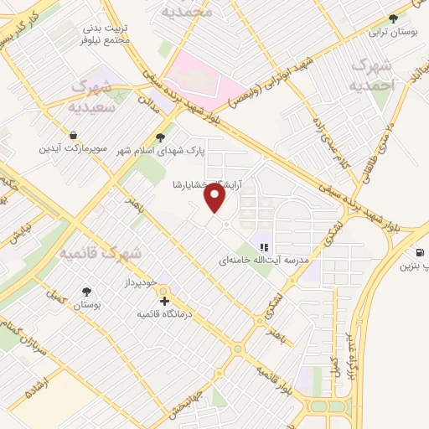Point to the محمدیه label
click(x=188, y=12)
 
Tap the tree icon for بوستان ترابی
click(x=393, y=18)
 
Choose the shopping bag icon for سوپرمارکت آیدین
click(x=75, y=135)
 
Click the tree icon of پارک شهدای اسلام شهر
click(x=161, y=137)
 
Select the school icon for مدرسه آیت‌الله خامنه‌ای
click(x=263, y=247)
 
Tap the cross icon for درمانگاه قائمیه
click(x=164, y=300)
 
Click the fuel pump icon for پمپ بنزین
click(x=416, y=252)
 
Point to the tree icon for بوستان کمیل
click(x=85, y=292)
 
